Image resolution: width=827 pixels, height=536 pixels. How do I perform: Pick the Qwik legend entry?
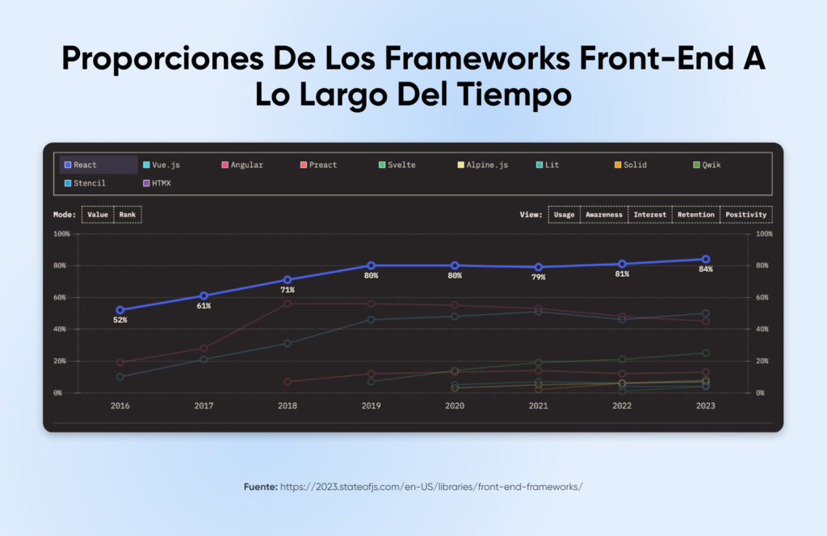pos(712,165)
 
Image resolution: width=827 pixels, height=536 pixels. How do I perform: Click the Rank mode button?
pos(128,215)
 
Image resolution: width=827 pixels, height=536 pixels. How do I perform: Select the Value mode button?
pos(98,215)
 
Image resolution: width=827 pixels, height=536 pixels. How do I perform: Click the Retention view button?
pos(695,215)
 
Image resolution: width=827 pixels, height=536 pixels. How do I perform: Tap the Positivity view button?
pos(745,215)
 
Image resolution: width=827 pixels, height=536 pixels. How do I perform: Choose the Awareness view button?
pos(604,215)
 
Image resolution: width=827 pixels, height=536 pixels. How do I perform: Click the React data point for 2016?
pos(120,310)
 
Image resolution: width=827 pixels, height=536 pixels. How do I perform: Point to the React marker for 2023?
pos(705,259)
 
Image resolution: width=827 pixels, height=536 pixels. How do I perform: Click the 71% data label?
pos(288,290)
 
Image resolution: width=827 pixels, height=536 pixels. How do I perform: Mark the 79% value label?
pos(538,277)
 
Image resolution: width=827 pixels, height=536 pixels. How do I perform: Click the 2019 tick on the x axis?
pos(371,406)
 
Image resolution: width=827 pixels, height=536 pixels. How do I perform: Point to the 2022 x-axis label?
pos(621,406)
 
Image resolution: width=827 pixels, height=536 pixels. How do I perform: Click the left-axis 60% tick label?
pos(62,297)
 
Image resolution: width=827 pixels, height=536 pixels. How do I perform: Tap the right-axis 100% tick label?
pos(762,234)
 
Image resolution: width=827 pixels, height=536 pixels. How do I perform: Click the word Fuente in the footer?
pos(260,487)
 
